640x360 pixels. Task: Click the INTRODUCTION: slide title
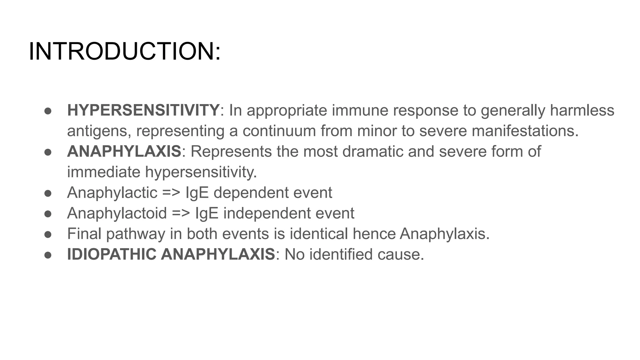[x=125, y=52]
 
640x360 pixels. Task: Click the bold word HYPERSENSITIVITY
[x=143, y=110]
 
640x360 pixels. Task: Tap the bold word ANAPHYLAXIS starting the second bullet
[x=124, y=152]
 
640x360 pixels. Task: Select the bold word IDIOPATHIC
[x=112, y=254]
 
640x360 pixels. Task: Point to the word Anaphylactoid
[x=117, y=213]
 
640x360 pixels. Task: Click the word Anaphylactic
[x=112, y=193]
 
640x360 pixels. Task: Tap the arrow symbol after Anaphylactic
[x=171, y=193]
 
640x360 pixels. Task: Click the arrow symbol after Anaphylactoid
[x=181, y=213]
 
